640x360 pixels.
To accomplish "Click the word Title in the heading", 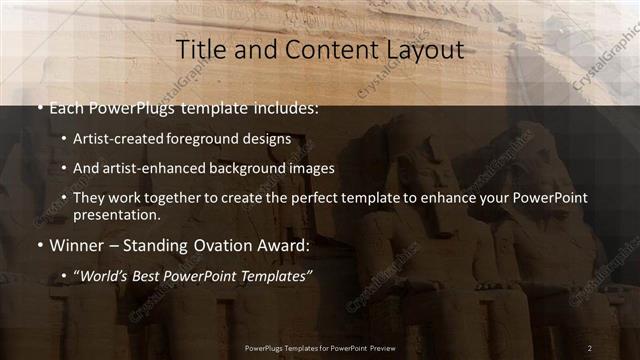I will (198, 50).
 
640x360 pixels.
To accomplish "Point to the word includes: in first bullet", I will (284, 107).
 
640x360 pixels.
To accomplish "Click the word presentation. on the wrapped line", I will (115, 214).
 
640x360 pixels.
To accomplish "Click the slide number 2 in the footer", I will (590, 347).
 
